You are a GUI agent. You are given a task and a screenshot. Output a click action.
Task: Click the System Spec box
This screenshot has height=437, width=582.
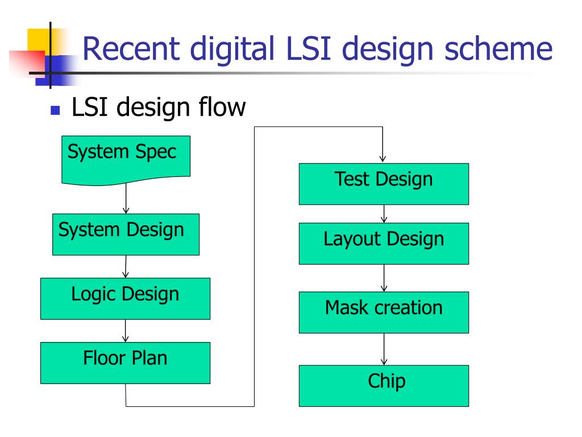(x=126, y=160)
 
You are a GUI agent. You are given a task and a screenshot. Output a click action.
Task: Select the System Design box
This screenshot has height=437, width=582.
(x=126, y=234)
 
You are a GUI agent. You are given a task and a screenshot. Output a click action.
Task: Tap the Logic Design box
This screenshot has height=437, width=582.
(x=126, y=299)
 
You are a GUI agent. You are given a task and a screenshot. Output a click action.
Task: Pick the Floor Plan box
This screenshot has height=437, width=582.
(x=126, y=363)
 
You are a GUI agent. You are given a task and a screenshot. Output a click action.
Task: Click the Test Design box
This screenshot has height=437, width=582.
(x=384, y=184)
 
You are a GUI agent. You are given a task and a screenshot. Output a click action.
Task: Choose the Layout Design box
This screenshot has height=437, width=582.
(x=384, y=244)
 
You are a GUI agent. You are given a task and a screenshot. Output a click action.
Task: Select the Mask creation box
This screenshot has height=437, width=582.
(x=384, y=312)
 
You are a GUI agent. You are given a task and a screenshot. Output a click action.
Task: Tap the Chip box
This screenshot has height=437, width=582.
(x=384, y=386)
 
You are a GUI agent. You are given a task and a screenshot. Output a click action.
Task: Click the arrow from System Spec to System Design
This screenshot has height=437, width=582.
(x=126, y=199)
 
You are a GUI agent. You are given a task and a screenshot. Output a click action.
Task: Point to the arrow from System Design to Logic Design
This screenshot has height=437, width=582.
(x=126, y=266)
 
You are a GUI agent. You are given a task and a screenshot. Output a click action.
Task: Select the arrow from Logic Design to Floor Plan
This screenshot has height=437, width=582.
(x=126, y=331)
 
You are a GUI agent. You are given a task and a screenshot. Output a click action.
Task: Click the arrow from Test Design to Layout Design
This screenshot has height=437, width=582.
(x=384, y=214)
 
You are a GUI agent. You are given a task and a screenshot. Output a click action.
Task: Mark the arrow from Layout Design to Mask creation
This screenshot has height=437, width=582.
(x=384, y=278)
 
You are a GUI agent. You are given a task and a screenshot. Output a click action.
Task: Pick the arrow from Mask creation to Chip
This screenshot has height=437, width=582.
(x=384, y=349)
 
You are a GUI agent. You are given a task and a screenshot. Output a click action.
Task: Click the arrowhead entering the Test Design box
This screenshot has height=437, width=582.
(x=383, y=159)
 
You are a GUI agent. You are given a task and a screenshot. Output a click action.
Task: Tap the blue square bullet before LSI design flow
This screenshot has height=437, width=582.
(x=55, y=110)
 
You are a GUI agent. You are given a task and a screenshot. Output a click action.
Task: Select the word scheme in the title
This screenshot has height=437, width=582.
(x=498, y=49)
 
